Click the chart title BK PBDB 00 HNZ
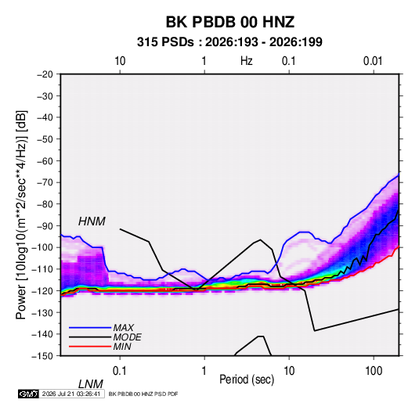tap(230, 22)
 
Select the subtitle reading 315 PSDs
tap(165, 42)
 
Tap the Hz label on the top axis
tap(247, 61)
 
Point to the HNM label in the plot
tap(92, 221)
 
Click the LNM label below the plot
tap(91, 384)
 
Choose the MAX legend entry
tap(124, 327)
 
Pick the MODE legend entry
tap(127, 337)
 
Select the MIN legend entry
tap(122, 347)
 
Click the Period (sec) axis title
tap(247, 380)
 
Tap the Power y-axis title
tap(21, 215)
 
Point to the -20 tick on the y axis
tap(45, 74)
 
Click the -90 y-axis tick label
tap(45, 225)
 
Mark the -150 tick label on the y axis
tap(43, 356)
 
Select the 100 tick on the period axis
tap(374, 370)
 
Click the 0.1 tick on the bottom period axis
tap(120, 370)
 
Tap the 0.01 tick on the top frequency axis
tap(373, 61)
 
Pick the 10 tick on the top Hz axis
tap(120, 61)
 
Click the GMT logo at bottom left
tap(29, 394)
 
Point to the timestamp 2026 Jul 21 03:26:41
tap(71, 394)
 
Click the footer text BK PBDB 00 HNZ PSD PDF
tap(143, 394)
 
